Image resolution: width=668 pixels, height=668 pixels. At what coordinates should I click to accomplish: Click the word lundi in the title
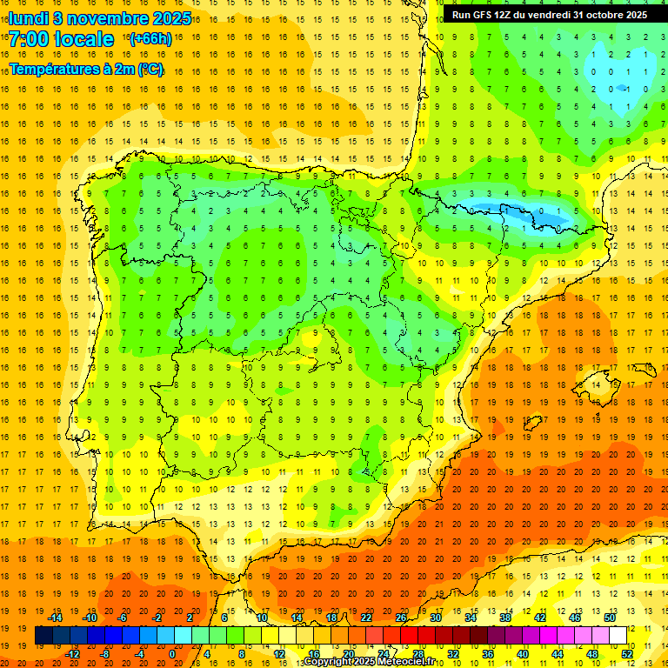[29, 17]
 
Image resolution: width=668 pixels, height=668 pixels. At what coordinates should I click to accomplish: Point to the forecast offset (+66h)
[150, 39]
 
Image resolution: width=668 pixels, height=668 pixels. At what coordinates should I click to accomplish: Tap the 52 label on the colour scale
[627, 654]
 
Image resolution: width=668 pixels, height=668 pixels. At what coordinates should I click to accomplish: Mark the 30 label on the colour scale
[436, 618]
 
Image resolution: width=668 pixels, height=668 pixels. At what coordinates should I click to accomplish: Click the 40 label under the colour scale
[523, 654]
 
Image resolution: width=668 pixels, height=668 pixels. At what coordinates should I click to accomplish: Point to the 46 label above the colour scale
[575, 618]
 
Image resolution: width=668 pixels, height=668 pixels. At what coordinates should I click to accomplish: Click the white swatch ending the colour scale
[618, 636]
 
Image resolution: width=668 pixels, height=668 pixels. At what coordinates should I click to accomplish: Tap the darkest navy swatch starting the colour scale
[43, 636]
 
